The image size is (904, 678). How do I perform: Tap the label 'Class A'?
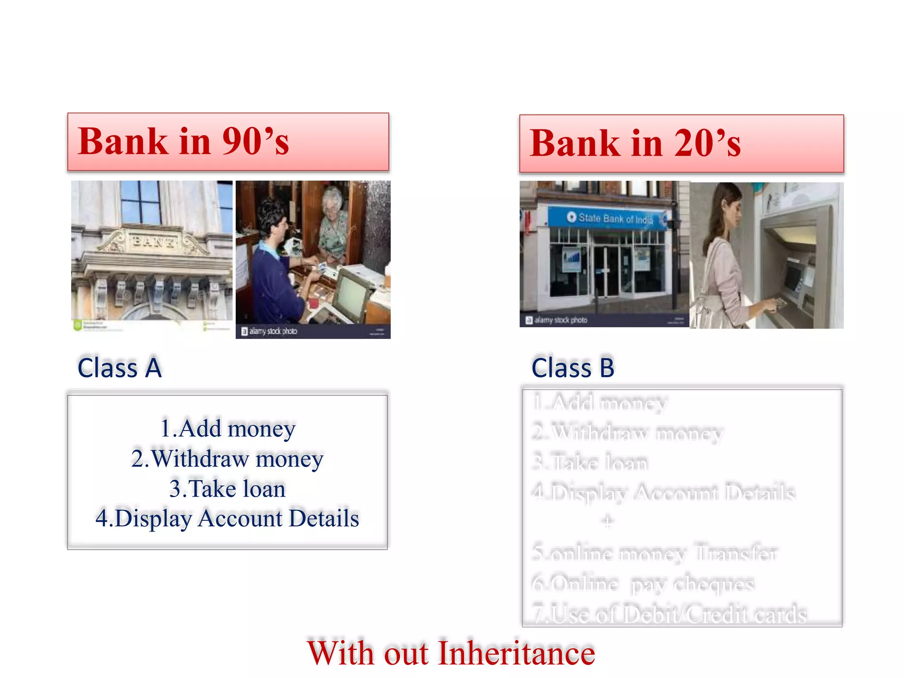click(x=120, y=368)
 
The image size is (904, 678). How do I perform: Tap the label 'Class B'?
click(x=573, y=368)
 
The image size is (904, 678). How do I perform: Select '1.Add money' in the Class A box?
click(x=227, y=429)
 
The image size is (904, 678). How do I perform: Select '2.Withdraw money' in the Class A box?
click(x=227, y=459)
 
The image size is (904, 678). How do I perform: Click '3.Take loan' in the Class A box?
click(x=227, y=489)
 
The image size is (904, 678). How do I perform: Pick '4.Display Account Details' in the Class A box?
click(x=227, y=518)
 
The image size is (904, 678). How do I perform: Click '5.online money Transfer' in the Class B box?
click(x=655, y=553)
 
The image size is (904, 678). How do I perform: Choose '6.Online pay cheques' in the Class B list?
click(x=643, y=584)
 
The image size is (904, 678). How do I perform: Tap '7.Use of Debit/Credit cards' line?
click(x=670, y=614)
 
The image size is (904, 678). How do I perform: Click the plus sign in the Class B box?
click(x=608, y=522)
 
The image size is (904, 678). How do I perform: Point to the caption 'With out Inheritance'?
click(x=451, y=653)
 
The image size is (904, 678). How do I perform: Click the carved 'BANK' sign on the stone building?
click(x=152, y=241)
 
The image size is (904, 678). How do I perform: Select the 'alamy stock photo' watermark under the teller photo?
click(x=269, y=331)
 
